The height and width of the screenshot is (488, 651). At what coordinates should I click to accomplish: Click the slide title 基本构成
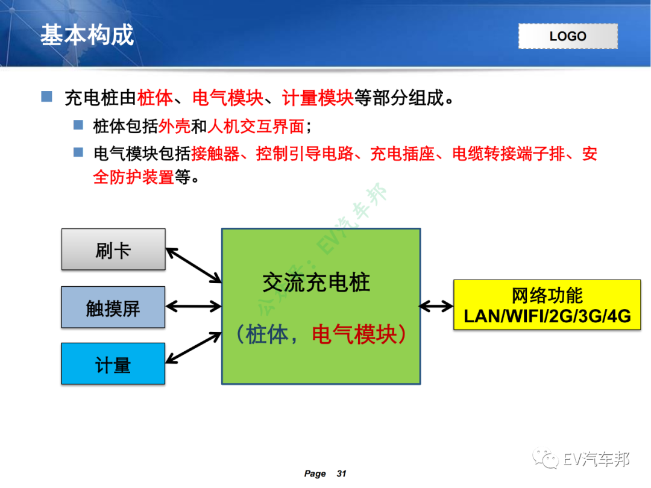pos(87,36)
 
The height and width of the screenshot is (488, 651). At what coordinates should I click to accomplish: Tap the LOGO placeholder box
pos(568,36)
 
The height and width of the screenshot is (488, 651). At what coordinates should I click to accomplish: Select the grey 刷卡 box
pos(113,249)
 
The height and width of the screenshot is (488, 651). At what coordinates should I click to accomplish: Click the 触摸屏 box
pos(113,307)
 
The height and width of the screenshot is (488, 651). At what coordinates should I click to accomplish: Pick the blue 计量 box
pos(113,364)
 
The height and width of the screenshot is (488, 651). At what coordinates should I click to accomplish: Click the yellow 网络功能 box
pos(547,304)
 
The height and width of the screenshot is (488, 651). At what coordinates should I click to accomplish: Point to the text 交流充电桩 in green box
pos(316,282)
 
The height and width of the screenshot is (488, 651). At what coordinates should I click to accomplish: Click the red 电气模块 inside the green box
pos(354,334)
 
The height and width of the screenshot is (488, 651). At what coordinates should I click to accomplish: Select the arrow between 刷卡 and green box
pos(193,265)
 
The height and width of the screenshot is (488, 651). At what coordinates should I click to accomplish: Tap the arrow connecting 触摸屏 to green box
pos(193,307)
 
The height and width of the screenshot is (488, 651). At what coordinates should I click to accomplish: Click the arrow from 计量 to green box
pos(193,348)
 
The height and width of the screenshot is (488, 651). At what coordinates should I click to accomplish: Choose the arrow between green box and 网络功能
pos(436,307)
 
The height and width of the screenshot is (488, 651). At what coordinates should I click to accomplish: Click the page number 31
pos(341,474)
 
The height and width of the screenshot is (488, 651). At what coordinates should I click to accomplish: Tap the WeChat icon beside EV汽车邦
pos(549,460)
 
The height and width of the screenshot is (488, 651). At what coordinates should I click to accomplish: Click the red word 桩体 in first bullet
pos(156,98)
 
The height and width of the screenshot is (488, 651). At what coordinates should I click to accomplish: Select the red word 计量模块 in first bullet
pos(318,98)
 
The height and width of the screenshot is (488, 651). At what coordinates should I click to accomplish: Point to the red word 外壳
pos(174,127)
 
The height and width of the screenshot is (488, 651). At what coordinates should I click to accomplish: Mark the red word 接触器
pos(215,154)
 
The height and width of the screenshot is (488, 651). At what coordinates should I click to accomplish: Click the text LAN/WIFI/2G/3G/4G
pos(547,316)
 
